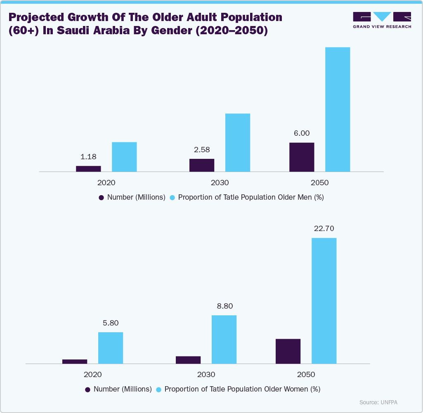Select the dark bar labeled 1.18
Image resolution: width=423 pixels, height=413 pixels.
88,168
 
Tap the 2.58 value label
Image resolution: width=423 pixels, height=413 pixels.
202,150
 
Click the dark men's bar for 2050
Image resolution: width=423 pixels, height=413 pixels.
302,157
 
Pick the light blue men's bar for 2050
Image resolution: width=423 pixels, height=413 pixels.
338,109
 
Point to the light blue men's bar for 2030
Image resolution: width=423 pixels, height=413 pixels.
238,142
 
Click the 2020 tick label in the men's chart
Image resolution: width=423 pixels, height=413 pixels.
106,182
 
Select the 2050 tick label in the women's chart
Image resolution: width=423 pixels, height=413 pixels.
306,375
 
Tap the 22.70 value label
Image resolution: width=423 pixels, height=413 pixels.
324,229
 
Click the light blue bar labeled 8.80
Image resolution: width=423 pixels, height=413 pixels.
224,339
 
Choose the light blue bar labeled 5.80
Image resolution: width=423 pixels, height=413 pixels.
111,348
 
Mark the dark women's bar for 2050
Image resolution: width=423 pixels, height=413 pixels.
288,351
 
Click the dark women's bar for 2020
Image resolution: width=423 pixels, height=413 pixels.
75,361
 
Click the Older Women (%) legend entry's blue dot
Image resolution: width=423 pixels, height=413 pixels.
159,389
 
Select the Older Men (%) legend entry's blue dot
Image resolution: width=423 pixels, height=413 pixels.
173,198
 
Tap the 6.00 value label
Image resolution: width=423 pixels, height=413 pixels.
302,134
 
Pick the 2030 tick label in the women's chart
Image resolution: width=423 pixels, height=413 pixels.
206,375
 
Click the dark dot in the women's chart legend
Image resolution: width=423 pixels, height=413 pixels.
88,389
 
